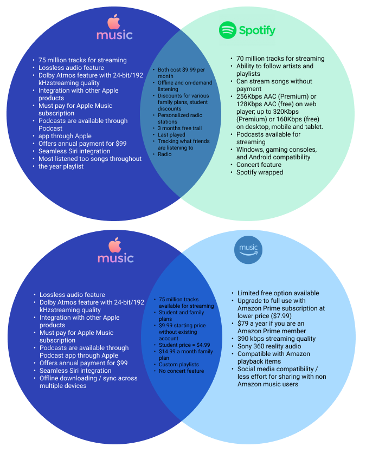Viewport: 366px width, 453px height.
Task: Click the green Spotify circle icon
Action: (228, 30)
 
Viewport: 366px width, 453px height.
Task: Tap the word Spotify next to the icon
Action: (257, 31)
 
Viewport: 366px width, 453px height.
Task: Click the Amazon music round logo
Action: (248, 250)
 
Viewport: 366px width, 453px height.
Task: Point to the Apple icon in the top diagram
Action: (113, 22)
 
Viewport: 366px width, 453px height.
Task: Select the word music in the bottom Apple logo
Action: (115, 257)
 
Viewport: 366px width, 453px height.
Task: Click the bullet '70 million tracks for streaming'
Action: (280, 59)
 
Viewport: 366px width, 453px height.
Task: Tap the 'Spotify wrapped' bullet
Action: (260, 172)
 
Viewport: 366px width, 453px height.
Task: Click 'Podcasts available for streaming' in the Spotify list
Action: (268, 138)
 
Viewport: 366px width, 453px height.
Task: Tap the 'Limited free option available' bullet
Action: (278, 293)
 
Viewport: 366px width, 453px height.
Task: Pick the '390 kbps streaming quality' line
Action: (277, 339)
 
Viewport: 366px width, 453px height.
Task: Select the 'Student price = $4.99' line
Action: (184, 345)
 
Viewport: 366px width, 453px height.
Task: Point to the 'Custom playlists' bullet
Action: (179, 365)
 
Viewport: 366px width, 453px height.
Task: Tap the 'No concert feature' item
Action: (181, 371)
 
